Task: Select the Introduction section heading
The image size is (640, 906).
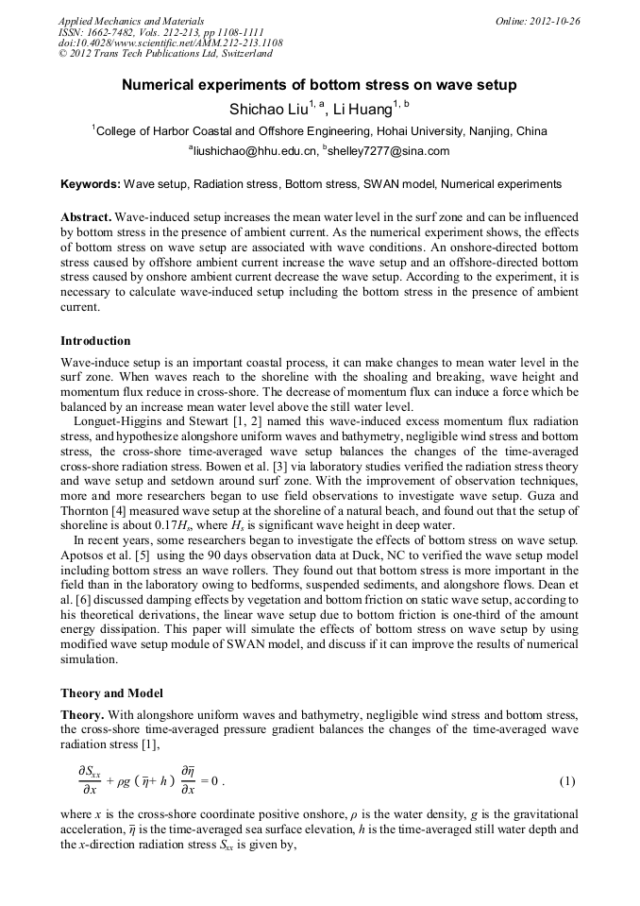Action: (95, 341)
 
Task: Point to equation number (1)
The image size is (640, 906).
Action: (567, 781)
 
